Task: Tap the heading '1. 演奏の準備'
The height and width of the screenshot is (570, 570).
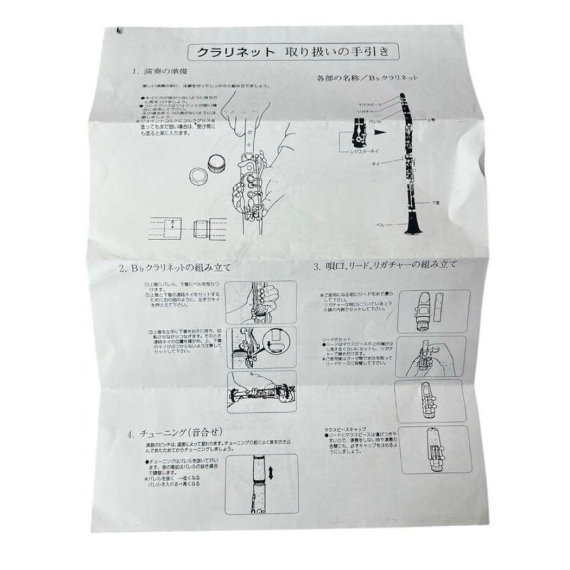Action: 158,71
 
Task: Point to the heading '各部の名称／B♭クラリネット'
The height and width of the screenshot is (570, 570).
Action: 367,78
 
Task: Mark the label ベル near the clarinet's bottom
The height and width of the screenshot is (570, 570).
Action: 380,224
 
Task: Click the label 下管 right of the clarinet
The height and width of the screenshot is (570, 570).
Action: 436,202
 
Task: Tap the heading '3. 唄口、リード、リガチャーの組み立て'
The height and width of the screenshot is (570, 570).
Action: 385,266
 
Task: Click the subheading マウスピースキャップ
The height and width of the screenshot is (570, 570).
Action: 345,430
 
